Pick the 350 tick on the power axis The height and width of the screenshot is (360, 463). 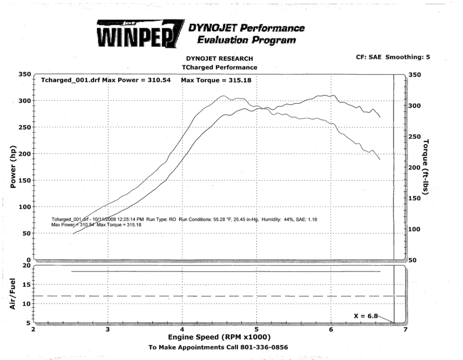click(x=24, y=75)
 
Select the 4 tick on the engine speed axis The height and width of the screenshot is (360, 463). click(x=182, y=329)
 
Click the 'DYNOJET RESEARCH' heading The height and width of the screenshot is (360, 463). click(x=219, y=59)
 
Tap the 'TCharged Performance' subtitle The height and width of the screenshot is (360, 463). click(x=219, y=67)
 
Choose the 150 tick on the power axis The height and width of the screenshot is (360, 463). click(x=24, y=181)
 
